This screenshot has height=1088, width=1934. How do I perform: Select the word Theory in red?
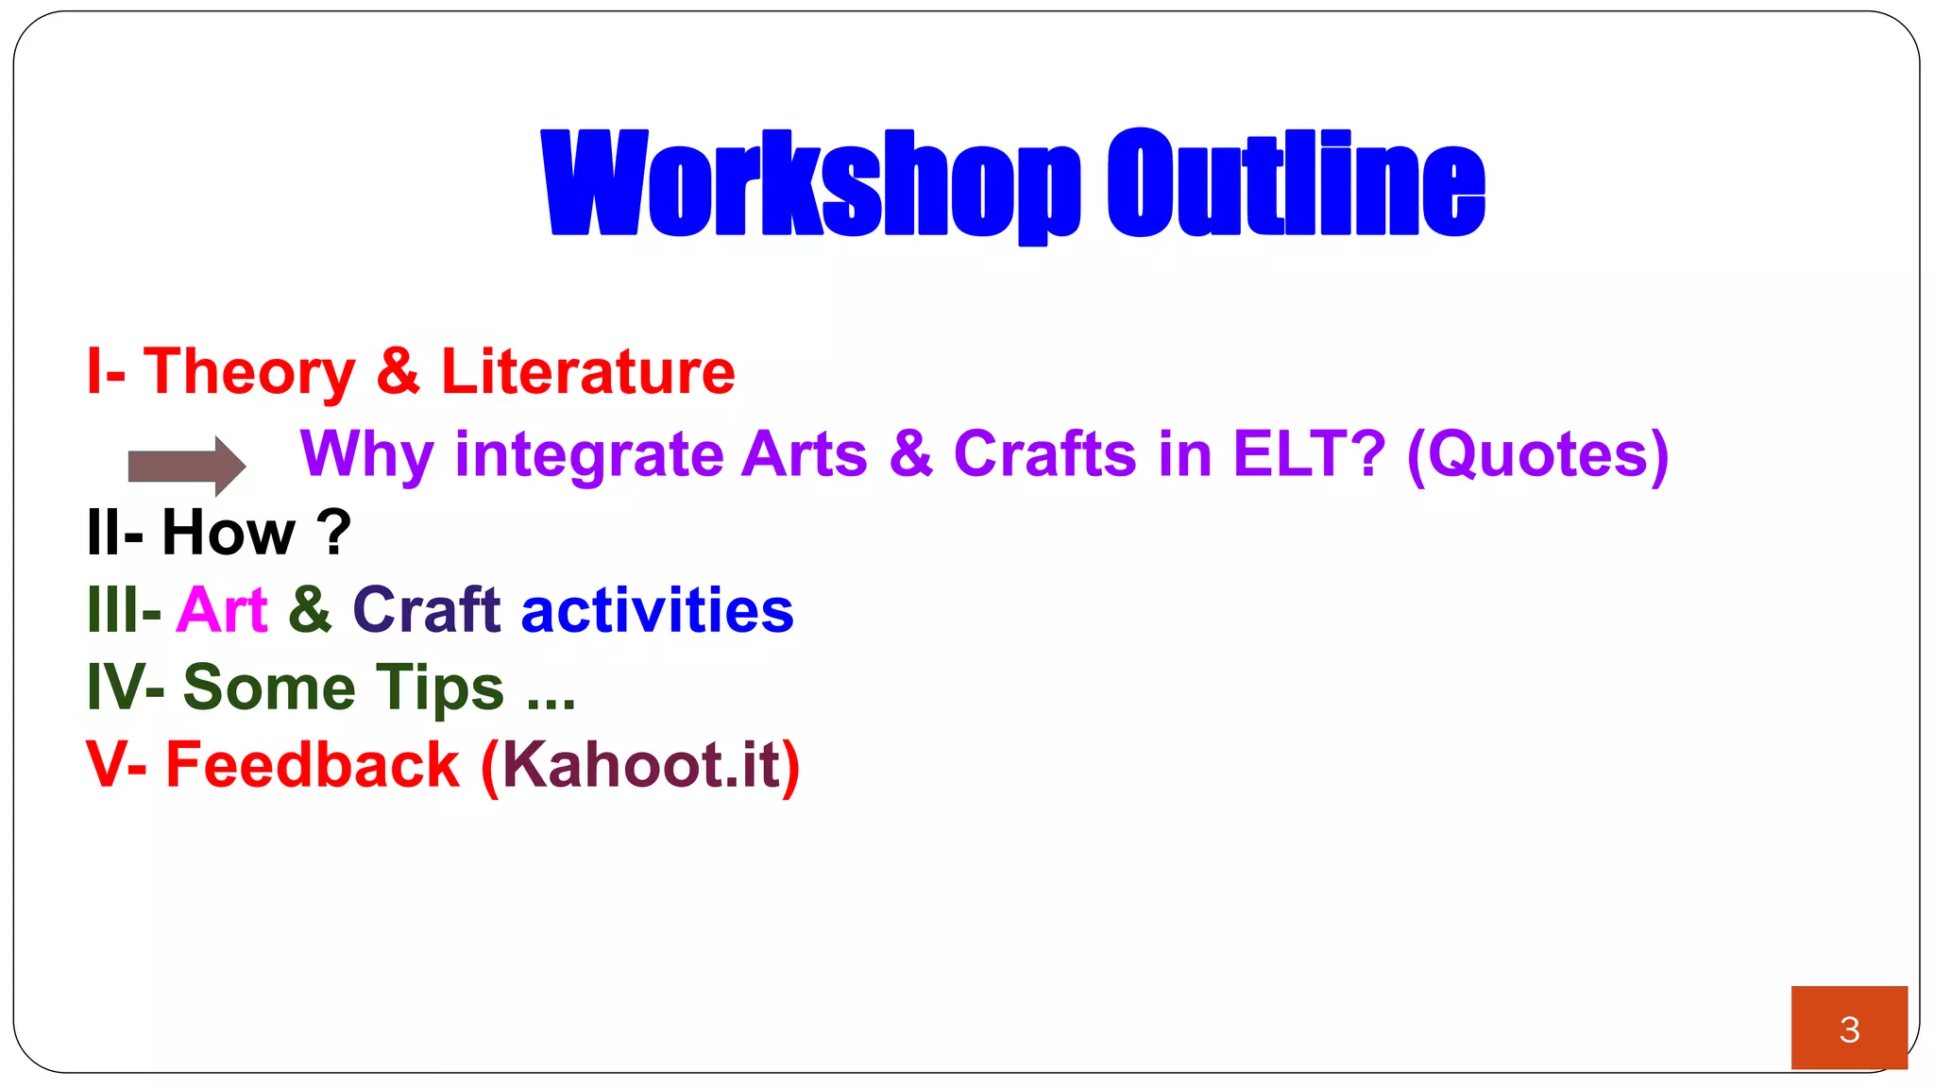[249, 372]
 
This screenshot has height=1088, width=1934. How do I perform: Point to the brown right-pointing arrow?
[187, 466]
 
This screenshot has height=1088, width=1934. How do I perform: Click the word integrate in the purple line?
[589, 455]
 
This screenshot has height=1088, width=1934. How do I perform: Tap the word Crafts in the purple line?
[1044, 453]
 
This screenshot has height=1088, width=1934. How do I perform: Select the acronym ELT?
[1309, 453]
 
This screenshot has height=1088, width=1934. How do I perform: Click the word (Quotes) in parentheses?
[1537, 455]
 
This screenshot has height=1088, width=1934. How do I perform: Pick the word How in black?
[229, 532]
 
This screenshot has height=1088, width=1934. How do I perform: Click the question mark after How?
[333, 532]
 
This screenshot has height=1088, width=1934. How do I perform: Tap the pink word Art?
[222, 610]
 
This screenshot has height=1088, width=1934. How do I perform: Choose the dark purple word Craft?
[426, 610]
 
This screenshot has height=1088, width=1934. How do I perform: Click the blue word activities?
[657, 610]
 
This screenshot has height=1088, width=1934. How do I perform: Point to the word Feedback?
[313, 764]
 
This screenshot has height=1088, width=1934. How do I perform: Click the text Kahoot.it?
[641, 764]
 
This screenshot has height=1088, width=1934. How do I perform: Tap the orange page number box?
[1849, 1028]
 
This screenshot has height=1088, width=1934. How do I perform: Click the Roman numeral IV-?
[125, 688]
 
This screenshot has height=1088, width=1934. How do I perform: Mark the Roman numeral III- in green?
[124, 610]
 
